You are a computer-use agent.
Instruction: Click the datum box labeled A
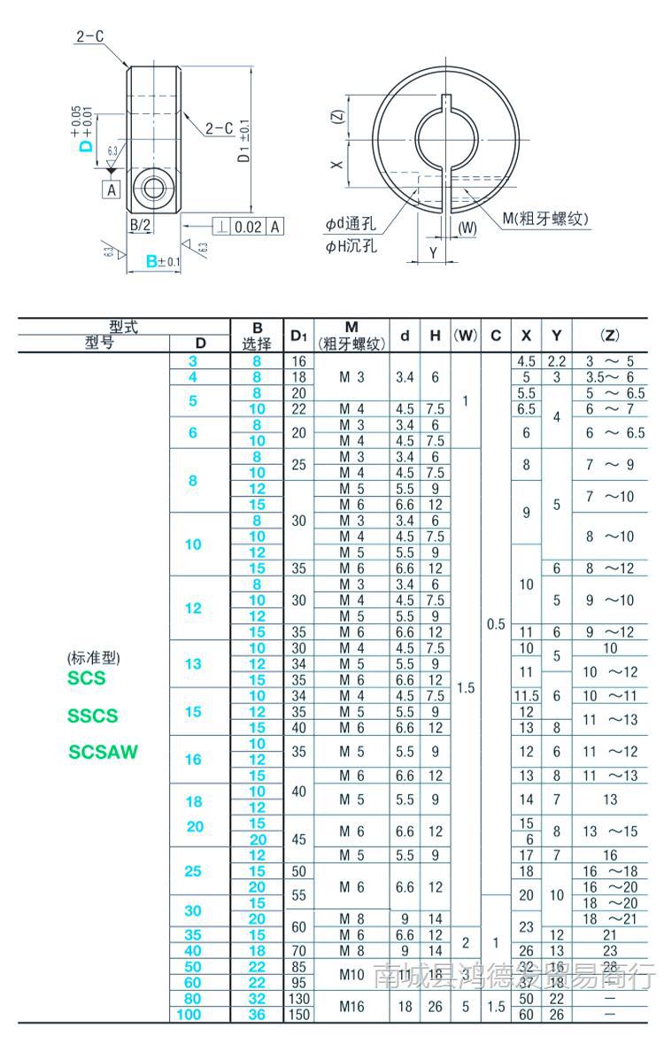click(x=112, y=189)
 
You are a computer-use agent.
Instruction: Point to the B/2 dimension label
click(x=140, y=226)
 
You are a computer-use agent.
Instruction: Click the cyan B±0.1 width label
click(x=162, y=261)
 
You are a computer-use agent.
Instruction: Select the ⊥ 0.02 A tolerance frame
click(x=248, y=226)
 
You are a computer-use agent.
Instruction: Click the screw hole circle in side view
click(x=153, y=188)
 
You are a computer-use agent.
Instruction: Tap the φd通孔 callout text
click(x=355, y=225)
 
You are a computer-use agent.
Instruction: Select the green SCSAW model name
click(x=104, y=753)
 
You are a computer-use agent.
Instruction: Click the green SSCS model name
click(x=92, y=715)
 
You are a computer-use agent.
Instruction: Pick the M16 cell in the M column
click(x=351, y=1006)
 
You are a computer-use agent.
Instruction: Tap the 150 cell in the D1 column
click(x=299, y=1014)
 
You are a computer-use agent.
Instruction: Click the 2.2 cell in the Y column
click(x=556, y=361)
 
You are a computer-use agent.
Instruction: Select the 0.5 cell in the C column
click(x=496, y=624)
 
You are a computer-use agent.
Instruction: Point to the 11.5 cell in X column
click(x=526, y=696)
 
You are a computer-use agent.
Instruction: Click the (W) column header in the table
click(x=466, y=336)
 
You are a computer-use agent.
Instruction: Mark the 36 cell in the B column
click(x=257, y=1014)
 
